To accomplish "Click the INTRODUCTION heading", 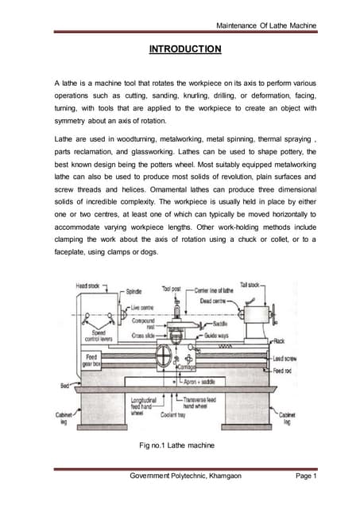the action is [x=185, y=49].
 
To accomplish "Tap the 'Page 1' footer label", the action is [x=304, y=476].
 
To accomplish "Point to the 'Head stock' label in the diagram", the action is [x=88, y=285].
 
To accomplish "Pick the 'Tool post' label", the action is [x=172, y=289].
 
